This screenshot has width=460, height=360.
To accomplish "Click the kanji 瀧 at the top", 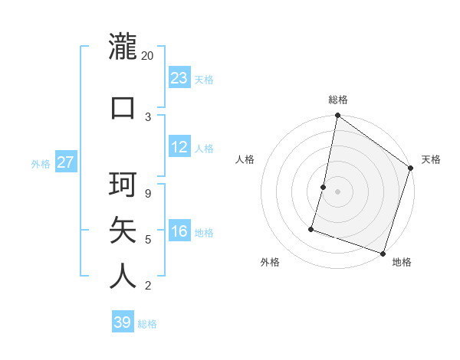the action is coord(123,47).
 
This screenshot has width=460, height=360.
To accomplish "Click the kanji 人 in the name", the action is coord(123,276).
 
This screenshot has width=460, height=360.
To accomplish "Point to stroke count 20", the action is coord(148,56).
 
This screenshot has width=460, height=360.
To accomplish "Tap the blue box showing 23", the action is coord(179,78).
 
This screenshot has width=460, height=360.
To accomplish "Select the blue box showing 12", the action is coord(179,147).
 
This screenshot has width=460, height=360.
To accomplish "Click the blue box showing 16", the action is coord(179,231).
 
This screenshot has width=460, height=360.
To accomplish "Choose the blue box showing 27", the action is coord(65,162).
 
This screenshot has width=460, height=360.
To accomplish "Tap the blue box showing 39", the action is coord(123,322).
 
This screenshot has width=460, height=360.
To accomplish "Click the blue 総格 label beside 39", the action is coord(148,324).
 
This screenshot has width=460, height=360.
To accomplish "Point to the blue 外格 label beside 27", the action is coord(41,163).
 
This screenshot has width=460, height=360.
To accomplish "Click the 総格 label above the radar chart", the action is coord(338,100).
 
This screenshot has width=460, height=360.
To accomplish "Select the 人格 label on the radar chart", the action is coord(245,159).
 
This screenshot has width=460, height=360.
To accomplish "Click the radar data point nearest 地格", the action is coord(383,253).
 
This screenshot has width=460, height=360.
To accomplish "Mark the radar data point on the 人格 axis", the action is coord(324,187).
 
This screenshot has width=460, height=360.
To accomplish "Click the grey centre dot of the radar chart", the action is coord(338,191).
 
